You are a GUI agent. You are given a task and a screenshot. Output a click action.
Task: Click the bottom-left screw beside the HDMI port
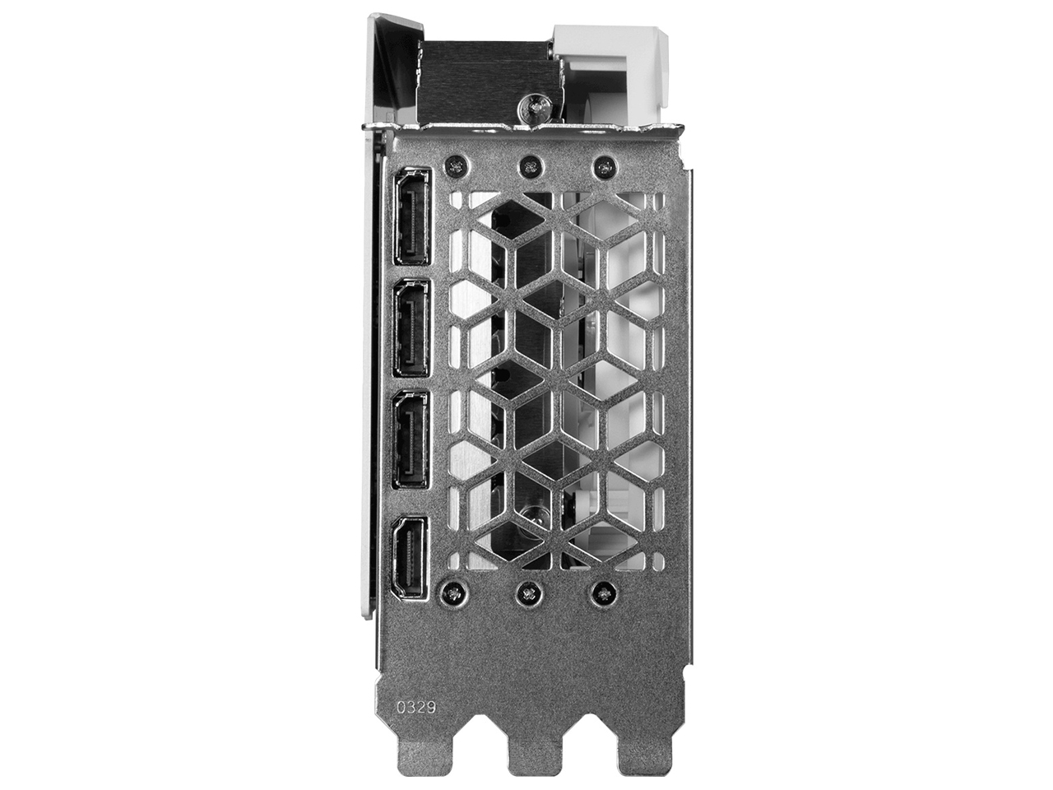(452, 590)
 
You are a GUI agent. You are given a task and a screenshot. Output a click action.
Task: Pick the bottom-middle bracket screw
(528, 590)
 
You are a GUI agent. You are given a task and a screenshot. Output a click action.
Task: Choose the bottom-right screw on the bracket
(605, 590)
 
